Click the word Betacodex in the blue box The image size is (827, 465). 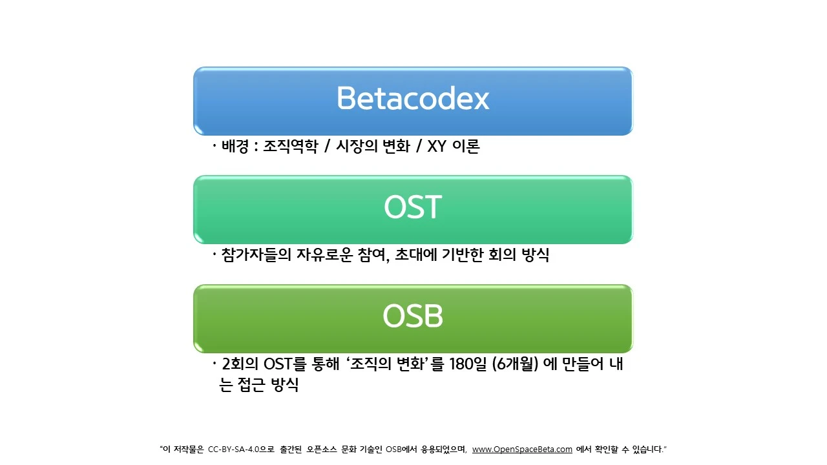413,98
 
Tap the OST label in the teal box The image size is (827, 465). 412,207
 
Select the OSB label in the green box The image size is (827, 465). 412,316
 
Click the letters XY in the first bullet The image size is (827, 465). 437,147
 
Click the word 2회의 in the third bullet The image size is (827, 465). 240,364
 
